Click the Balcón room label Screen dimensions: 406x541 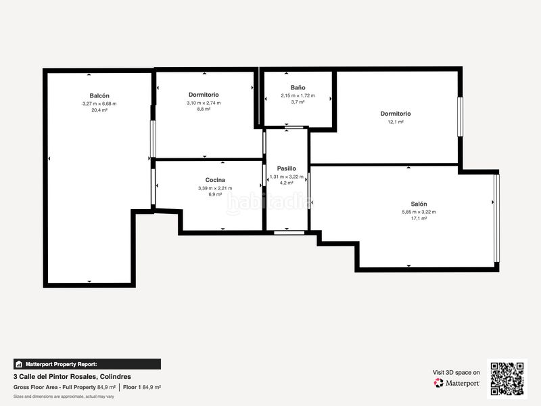(99, 96)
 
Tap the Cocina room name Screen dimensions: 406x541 (215, 180)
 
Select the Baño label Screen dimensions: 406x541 (298, 88)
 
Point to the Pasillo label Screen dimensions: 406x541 (287, 168)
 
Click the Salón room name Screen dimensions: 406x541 (419, 204)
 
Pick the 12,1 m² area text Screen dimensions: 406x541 (396, 122)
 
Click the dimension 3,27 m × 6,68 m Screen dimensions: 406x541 (99, 104)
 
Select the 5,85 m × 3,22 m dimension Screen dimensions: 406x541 (419, 212)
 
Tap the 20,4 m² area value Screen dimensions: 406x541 (99, 110)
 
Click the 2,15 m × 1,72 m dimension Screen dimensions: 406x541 (298, 95)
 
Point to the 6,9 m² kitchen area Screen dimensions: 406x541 (215, 194)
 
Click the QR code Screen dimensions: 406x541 (507, 378)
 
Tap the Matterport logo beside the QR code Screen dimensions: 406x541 (457, 383)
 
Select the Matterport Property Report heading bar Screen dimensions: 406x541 (87, 364)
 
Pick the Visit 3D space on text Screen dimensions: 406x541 (456, 372)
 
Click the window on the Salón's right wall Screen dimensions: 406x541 (496, 219)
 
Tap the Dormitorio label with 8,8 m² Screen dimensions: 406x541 (204, 95)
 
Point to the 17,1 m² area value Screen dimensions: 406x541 (419, 219)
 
